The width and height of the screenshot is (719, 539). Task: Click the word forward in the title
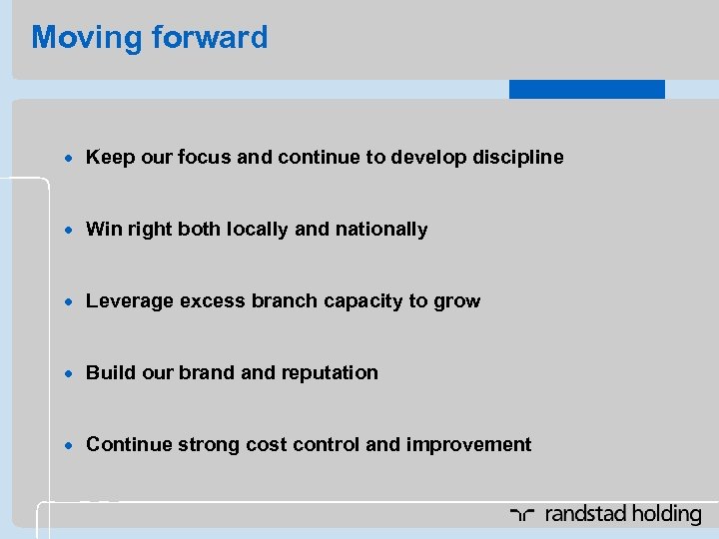(211, 38)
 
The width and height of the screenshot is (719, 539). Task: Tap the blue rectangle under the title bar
(586, 90)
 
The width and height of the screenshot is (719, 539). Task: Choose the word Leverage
(130, 301)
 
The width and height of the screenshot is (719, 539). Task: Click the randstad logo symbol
(523, 515)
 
